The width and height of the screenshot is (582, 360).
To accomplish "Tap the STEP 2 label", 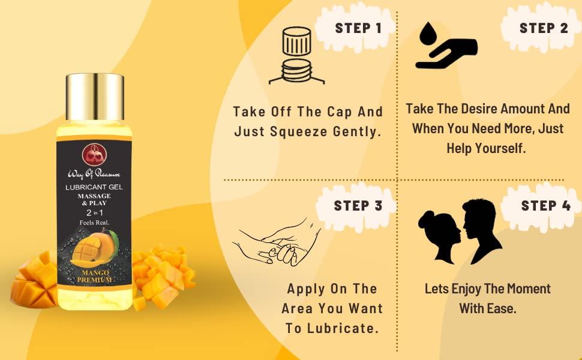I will coord(543,28).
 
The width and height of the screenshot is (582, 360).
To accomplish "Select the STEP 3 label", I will coord(358,206).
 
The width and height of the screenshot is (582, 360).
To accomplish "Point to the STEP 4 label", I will coord(545,206).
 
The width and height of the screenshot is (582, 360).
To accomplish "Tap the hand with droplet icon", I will coord(445,47).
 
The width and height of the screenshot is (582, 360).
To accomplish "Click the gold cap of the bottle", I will coord(94,96).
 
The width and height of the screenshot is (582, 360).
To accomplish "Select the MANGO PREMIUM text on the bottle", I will coord(94,275).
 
